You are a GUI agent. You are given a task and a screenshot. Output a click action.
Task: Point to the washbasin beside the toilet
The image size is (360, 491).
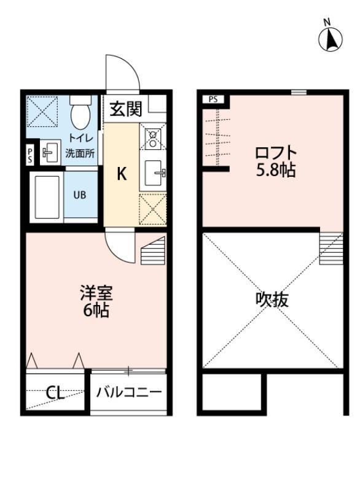click(50, 151)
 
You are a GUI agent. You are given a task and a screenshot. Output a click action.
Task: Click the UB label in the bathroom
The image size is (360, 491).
click(80, 196)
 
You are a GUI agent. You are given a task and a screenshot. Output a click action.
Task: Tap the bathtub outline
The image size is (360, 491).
click(47, 196)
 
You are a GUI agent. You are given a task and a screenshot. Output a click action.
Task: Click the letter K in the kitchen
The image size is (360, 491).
click(122, 174)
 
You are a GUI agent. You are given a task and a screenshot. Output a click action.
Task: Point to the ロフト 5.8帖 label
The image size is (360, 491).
click(276, 161)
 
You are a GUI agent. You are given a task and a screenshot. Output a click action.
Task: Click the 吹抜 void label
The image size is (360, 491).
click(272, 300)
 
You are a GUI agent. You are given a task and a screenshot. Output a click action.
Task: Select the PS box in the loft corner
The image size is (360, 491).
click(213, 98)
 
